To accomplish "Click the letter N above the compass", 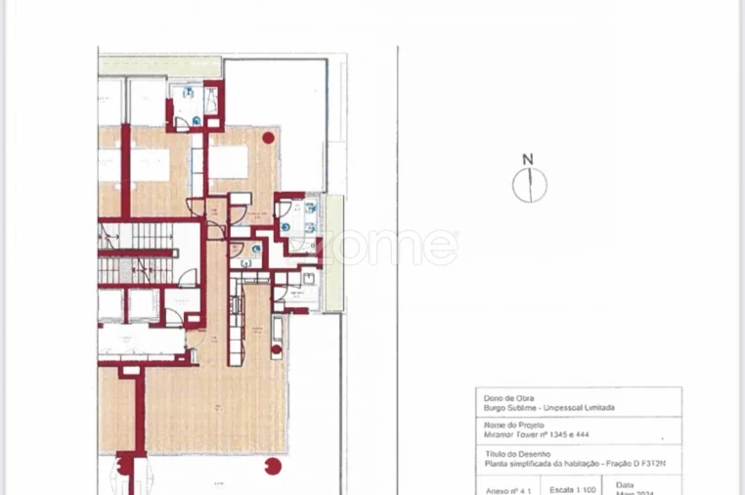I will (x=528, y=159).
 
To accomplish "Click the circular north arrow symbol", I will (x=529, y=184).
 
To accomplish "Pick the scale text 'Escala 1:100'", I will (x=570, y=486).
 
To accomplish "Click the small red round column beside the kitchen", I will (x=277, y=348).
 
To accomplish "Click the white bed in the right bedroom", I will (x=227, y=161).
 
